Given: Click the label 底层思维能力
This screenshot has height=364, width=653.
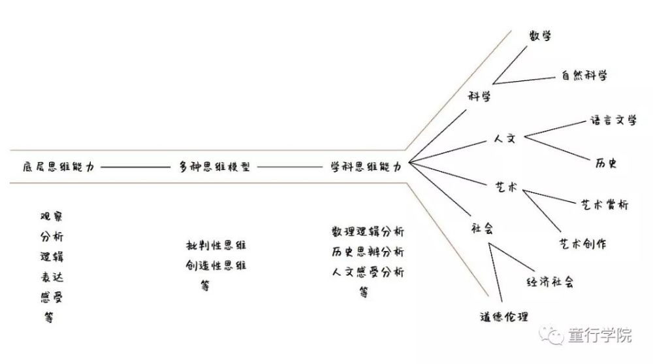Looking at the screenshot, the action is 59,167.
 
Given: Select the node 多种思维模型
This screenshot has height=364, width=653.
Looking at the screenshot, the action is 214,167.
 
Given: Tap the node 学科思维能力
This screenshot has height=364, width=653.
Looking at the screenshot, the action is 366,167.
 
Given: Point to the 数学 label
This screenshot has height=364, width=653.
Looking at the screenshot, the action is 540,35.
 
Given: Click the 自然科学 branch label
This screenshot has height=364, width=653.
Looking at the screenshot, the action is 584,75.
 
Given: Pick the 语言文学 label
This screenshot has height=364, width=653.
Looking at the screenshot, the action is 613,120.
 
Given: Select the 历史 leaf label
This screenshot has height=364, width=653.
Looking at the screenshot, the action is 606,163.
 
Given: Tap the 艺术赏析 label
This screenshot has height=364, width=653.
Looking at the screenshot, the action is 604,205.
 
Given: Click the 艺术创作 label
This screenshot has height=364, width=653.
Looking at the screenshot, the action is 582,244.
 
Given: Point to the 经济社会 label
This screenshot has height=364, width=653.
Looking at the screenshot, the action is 550,282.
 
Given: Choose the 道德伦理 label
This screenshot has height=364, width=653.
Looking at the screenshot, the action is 504,317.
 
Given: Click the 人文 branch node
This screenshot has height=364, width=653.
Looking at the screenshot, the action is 504,139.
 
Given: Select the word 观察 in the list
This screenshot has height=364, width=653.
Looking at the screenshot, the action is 52,216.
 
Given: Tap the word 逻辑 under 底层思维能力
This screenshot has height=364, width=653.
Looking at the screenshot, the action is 52,256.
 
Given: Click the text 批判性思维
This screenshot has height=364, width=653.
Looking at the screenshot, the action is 215,245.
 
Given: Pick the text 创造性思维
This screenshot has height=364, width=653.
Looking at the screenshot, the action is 215,265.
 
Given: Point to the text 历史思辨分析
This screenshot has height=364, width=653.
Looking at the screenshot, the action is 368,252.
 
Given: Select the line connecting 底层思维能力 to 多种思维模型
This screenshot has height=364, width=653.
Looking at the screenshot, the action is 135,167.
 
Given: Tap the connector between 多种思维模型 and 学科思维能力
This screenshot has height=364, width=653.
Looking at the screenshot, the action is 290,167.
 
